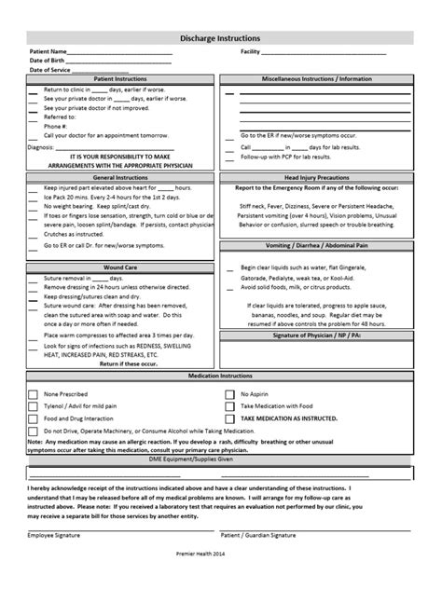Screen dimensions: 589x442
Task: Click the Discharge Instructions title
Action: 220,38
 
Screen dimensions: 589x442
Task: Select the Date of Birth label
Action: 48,61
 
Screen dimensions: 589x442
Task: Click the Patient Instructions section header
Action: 121,80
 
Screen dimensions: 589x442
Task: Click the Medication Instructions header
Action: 220,349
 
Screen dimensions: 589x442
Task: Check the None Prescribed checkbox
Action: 35,367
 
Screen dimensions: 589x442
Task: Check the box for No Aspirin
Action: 229,367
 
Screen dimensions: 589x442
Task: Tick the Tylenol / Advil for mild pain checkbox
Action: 35,380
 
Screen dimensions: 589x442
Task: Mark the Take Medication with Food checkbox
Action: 229,380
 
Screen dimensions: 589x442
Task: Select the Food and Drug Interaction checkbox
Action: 35,393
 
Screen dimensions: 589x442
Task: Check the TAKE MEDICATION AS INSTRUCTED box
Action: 229,393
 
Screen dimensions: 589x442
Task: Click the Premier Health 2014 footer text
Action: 220,579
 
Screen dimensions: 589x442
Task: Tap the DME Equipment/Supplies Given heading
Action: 220,431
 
